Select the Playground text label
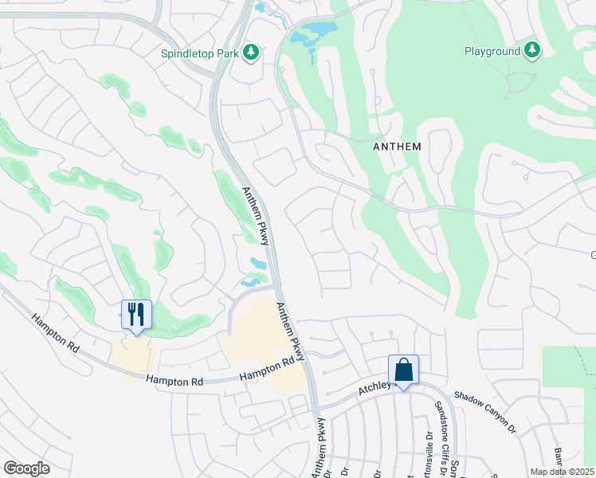[x=492, y=52]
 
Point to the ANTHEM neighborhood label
[x=397, y=147]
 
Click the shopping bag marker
[x=403, y=370]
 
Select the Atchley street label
[x=375, y=388]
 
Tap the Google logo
[x=26, y=468]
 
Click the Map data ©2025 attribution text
[x=562, y=472]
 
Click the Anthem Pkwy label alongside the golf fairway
[x=256, y=216]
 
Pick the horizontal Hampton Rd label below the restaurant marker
[x=174, y=381]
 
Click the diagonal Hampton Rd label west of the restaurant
[x=58, y=335]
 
